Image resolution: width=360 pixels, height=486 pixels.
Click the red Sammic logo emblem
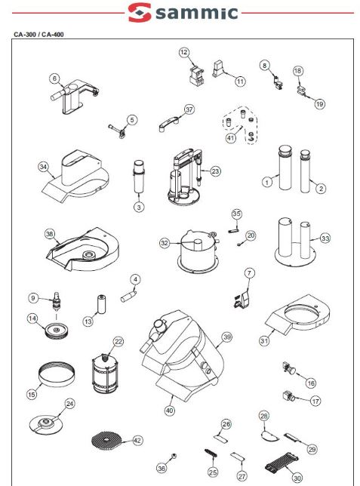(140, 12)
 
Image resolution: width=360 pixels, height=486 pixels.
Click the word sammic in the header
(197, 12)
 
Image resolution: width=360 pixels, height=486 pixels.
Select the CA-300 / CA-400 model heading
(38, 35)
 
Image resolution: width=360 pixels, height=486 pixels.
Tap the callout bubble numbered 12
(184, 52)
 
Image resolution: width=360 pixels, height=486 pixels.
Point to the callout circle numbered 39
(227, 337)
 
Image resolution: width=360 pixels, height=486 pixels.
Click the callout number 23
(215, 171)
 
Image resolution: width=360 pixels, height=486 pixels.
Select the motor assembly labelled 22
(105, 374)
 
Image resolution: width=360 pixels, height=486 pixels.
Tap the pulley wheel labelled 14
(56, 331)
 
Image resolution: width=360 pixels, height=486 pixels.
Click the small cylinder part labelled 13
(102, 303)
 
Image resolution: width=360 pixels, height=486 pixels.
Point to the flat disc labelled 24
(46, 424)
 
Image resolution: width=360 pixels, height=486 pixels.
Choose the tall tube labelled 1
(285, 167)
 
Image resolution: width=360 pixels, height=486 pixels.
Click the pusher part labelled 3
(139, 177)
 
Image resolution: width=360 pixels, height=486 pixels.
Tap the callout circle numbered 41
(230, 137)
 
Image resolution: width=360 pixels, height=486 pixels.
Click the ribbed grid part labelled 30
(282, 462)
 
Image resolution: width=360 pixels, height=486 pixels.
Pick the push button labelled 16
(289, 368)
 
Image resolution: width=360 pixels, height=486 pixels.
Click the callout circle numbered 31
(264, 340)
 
